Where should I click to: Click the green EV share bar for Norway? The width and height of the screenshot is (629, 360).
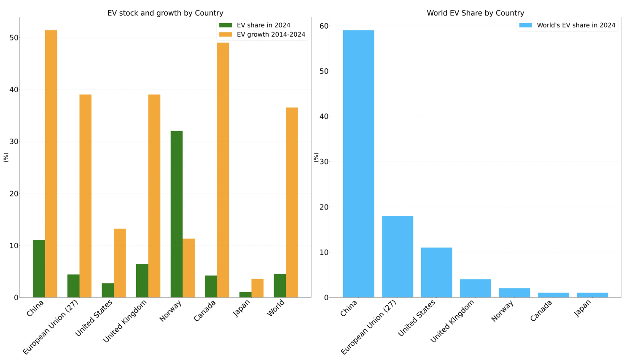tap(177, 214)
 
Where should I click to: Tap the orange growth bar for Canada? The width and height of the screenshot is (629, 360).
tap(223, 170)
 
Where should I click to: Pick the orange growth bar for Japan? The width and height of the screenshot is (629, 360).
tap(257, 288)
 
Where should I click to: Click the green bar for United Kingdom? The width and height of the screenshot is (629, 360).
tap(142, 280)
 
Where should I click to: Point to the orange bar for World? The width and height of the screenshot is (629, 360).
tap(292, 202)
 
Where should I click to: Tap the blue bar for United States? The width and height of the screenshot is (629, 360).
tap(436, 272)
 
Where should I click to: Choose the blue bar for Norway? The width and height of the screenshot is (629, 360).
tap(514, 293)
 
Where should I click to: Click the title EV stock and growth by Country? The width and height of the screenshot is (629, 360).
tap(165, 13)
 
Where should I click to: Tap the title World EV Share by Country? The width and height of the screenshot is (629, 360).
tap(475, 13)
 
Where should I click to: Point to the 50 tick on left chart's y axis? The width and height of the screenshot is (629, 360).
tap(14, 38)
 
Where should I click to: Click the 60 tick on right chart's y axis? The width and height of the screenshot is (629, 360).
tap(324, 26)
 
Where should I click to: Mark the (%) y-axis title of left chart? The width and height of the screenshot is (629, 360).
tap(6, 157)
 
